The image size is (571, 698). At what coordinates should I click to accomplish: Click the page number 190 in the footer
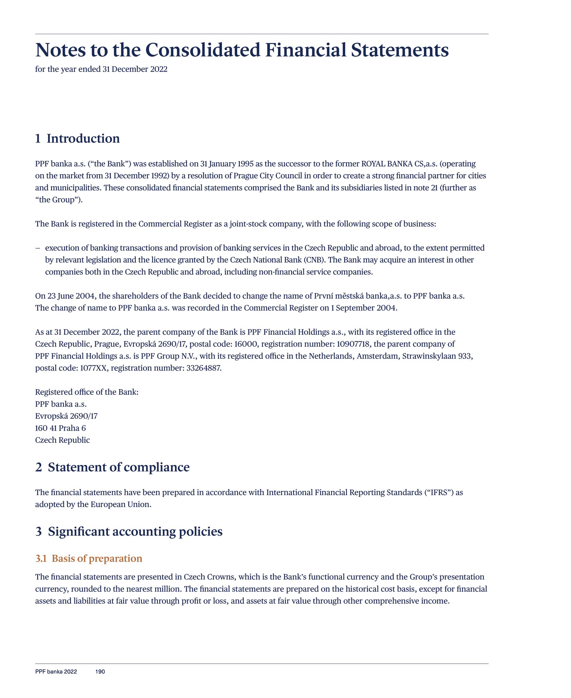(100, 671)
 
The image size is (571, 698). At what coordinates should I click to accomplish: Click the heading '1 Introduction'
(77, 138)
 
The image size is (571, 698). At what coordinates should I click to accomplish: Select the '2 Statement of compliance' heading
(112, 467)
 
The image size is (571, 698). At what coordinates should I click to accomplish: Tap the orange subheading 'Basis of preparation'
(97, 559)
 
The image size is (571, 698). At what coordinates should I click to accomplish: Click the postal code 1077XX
(93, 368)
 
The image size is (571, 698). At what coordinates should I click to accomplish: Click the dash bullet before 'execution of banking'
(38, 248)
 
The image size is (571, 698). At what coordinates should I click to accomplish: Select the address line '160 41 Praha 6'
(61, 428)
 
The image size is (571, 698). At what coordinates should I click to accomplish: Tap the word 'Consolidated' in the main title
(203, 50)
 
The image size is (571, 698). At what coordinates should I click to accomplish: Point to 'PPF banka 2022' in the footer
(56, 671)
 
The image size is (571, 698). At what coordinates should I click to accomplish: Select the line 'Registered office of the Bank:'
(87, 392)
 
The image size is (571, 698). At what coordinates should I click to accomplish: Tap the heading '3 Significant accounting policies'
(129, 531)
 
